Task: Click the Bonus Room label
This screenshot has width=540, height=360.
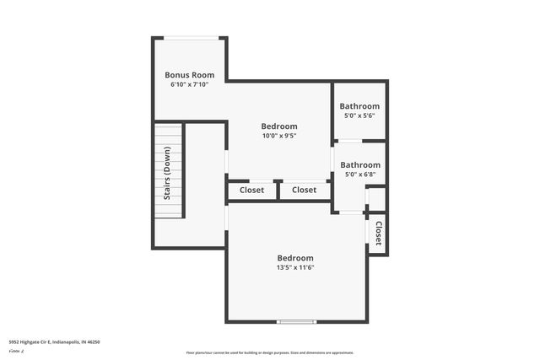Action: (188, 74)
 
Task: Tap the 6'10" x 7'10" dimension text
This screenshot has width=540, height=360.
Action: (188, 84)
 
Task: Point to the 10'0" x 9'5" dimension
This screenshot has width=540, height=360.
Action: (278, 135)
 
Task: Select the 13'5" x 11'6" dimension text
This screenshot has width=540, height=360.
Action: (295, 268)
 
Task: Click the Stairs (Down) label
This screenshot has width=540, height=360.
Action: (167, 172)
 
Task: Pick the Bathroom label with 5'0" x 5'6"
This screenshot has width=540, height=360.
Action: (359, 106)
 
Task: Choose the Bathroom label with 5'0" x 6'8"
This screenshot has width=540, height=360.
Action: (359, 164)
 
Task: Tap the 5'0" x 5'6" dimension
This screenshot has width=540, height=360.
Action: (359, 116)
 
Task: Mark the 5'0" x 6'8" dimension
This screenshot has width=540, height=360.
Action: (359, 175)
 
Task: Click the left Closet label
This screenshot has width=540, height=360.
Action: (251, 191)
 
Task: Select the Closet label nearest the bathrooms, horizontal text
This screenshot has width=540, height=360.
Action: (304, 191)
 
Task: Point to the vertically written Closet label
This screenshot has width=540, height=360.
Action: (378, 232)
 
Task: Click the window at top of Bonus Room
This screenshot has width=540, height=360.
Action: (188, 37)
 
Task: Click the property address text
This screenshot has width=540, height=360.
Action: (54, 341)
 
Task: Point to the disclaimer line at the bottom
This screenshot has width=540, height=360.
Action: (269, 352)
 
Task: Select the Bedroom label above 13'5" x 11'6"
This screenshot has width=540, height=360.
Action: (295, 258)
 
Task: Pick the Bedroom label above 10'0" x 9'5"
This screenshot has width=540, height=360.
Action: (278, 125)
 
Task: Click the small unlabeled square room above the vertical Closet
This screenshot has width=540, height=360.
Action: (376, 199)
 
